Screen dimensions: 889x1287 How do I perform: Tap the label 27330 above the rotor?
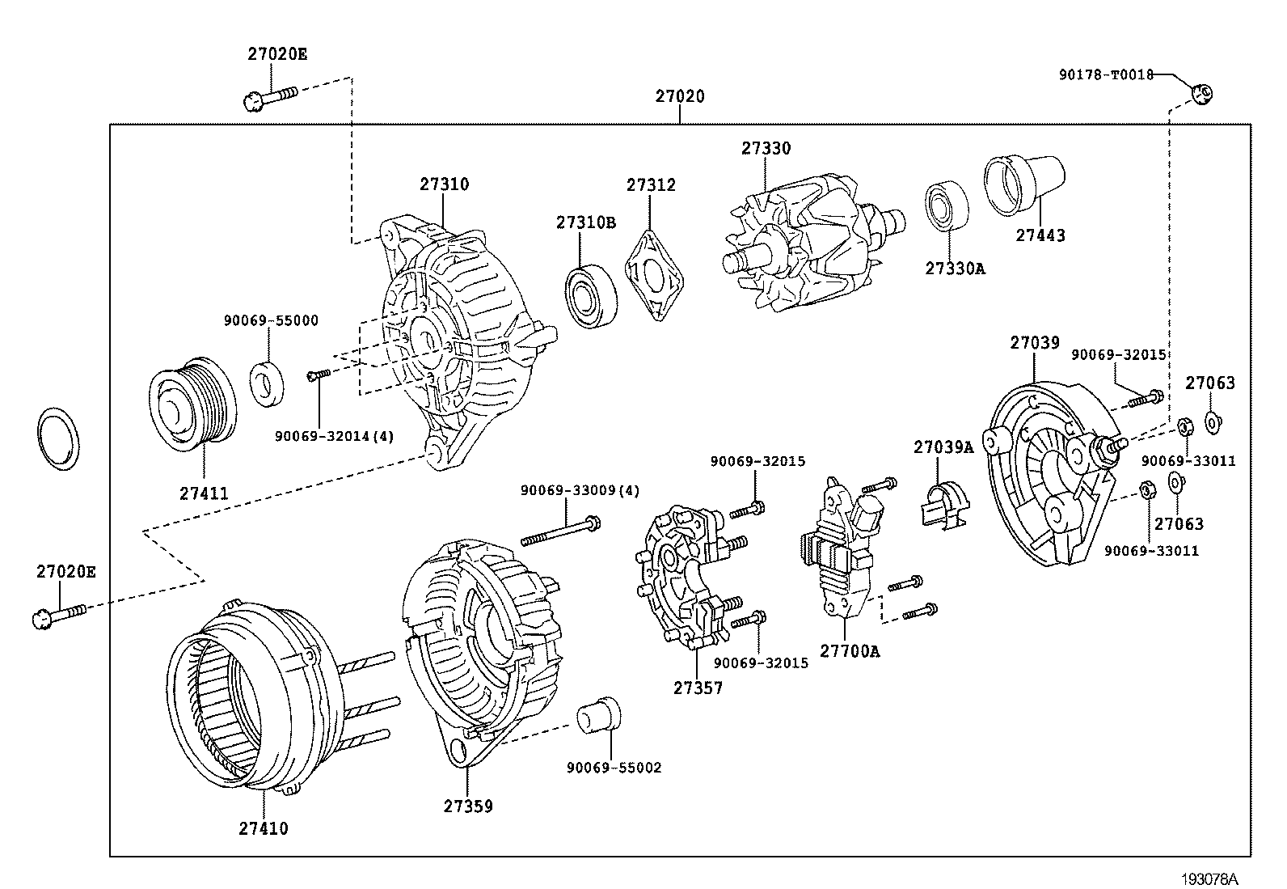[x=766, y=149]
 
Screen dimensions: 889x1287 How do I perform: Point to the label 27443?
[x=1040, y=235]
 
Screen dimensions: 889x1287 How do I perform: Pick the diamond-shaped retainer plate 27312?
[x=656, y=275]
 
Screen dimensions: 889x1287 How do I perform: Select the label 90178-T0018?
[x=1106, y=74]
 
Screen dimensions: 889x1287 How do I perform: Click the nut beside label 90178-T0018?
[x=1201, y=94]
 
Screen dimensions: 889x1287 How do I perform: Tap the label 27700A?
[x=849, y=650]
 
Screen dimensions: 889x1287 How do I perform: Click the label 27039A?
[x=943, y=447]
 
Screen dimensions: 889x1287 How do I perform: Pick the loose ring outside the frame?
[x=59, y=438]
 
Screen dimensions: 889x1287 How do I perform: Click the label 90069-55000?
[x=271, y=320]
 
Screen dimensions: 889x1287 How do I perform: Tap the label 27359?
[x=467, y=806]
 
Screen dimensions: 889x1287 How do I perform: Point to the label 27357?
[x=698, y=688]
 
